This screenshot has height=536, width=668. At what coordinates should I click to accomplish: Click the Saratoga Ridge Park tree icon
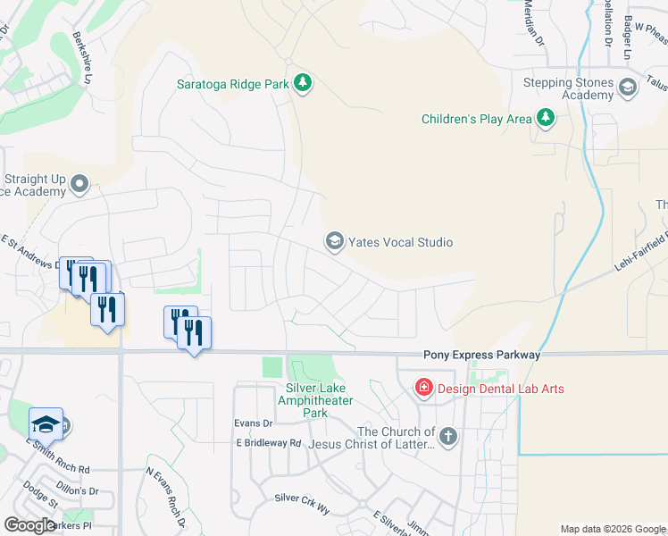point(304,84)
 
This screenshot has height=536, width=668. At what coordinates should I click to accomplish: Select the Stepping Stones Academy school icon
point(627,88)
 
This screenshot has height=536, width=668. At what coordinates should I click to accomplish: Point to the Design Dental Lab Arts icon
point(423,389)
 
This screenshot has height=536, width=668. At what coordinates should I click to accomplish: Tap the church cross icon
point(448,437)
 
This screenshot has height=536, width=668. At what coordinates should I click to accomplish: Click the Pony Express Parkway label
point(482,355)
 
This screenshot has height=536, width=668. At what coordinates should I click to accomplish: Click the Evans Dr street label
point(253,423)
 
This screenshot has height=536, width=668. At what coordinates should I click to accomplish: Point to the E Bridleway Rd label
point(269,443)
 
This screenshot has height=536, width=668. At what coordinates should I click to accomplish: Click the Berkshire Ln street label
point(90,67)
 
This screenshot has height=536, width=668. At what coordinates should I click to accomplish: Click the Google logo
point(29,525)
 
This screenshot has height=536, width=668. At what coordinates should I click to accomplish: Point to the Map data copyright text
point(612,529)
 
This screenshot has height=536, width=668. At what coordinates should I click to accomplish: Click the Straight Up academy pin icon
point(79,185)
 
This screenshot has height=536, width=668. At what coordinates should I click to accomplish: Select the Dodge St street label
point(40,495)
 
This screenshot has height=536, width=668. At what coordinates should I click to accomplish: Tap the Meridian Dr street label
point(533,21)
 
